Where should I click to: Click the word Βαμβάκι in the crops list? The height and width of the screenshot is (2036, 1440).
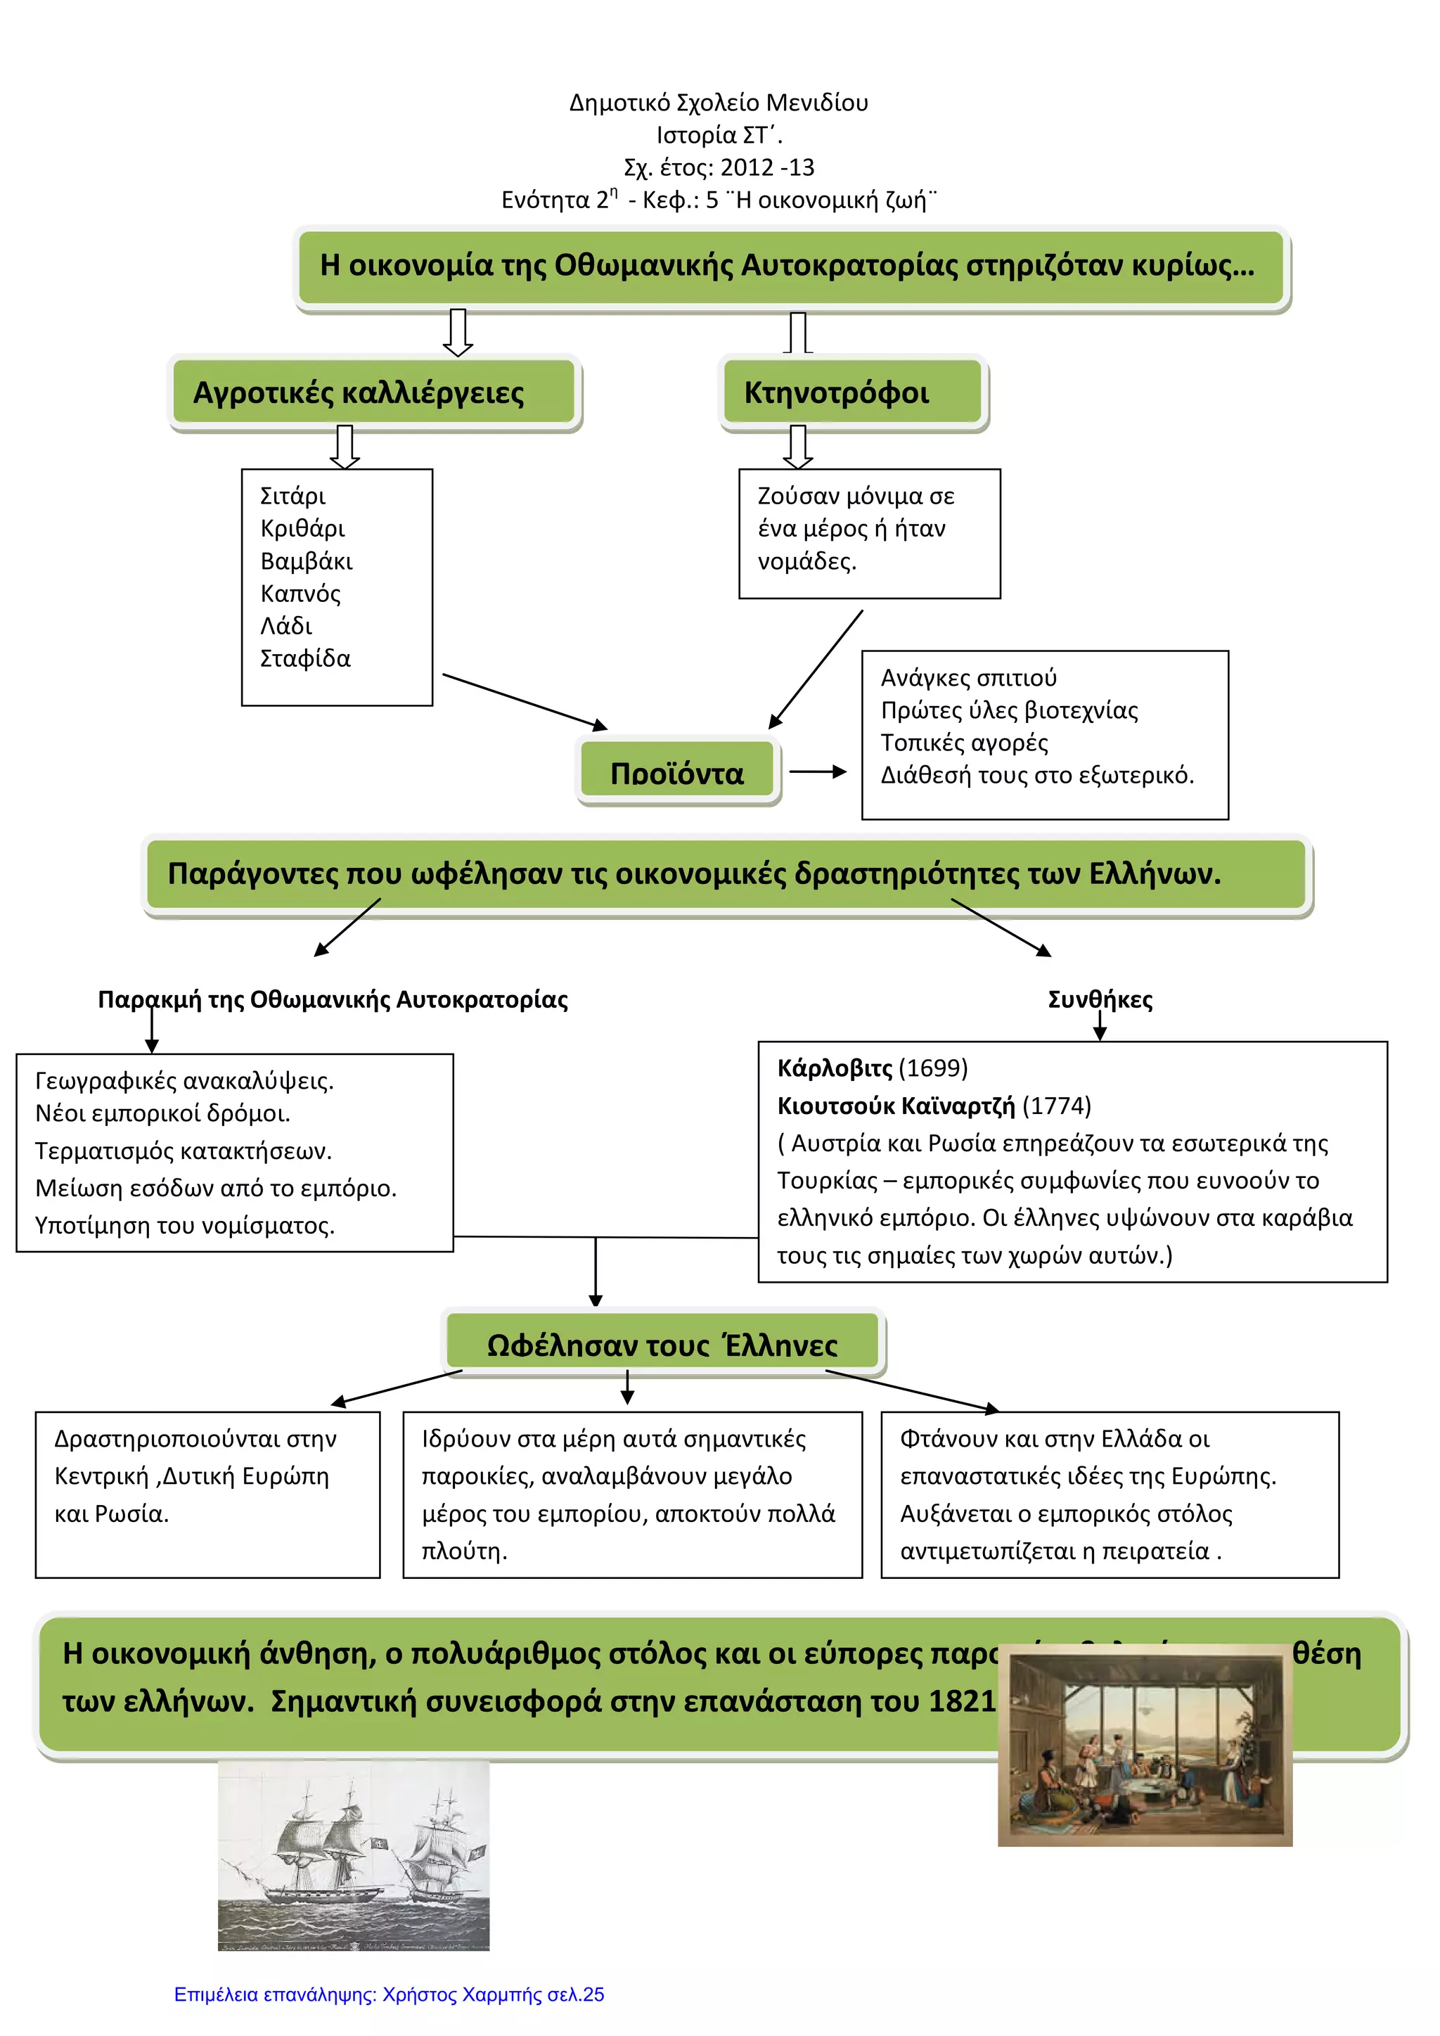[x=306, y=561]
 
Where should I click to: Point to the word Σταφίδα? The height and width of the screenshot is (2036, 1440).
[x=305, y=659]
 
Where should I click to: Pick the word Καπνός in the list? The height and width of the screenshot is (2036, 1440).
[x=300, y=594]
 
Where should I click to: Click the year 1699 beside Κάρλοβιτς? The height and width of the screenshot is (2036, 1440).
[x=933, y=1068]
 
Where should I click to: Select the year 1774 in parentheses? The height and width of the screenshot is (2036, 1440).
[x=1056, y=1106]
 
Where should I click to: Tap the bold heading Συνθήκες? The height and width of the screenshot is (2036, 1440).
[x=1100, y=999]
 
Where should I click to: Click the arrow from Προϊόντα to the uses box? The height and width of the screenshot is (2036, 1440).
[x=818, y=771]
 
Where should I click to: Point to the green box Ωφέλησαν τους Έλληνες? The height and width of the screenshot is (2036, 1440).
[x=662, y=1345]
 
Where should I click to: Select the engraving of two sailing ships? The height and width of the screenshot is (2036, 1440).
[x=353, y=1855]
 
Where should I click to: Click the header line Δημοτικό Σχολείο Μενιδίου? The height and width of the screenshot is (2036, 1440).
[x=718, y=103]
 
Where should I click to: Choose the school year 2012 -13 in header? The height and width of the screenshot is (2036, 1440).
[x=767, y=167]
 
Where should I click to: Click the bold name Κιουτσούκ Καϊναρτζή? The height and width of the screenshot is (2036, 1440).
[x=896, y=1106]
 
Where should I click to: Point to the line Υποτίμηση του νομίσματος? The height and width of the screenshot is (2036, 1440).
[x=184, y=1226]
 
